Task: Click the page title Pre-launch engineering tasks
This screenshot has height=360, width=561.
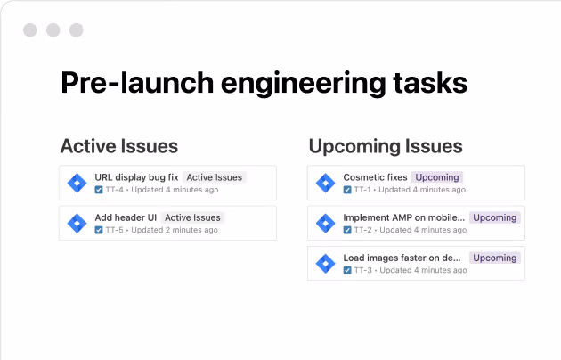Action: tap(264, 82)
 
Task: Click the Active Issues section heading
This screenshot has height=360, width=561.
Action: tap(119, 146)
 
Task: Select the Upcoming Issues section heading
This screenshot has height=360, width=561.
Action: tap(385, 146)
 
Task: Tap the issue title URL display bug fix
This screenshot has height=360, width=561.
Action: tap(136, 177)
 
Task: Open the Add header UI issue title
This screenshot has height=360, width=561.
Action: tap(126, 217)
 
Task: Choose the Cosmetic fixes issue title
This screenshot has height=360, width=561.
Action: tap(375, 177)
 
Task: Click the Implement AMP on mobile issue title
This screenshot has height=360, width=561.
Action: tap(402, 217)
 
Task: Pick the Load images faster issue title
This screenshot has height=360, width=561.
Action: tap(402, 258)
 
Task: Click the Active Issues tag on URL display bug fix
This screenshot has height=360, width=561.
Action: tap(215, 177)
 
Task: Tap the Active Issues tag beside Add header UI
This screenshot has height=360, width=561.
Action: tap(193, 217)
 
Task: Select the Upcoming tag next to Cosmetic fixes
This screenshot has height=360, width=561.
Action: tap(436, 177)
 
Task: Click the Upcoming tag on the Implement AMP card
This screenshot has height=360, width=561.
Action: tap(494, 217)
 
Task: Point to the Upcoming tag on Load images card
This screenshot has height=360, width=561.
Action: tap(494, 258)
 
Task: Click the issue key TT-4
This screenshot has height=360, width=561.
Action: tap(115, 190)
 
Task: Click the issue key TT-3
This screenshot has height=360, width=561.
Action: tap(362, 270)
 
